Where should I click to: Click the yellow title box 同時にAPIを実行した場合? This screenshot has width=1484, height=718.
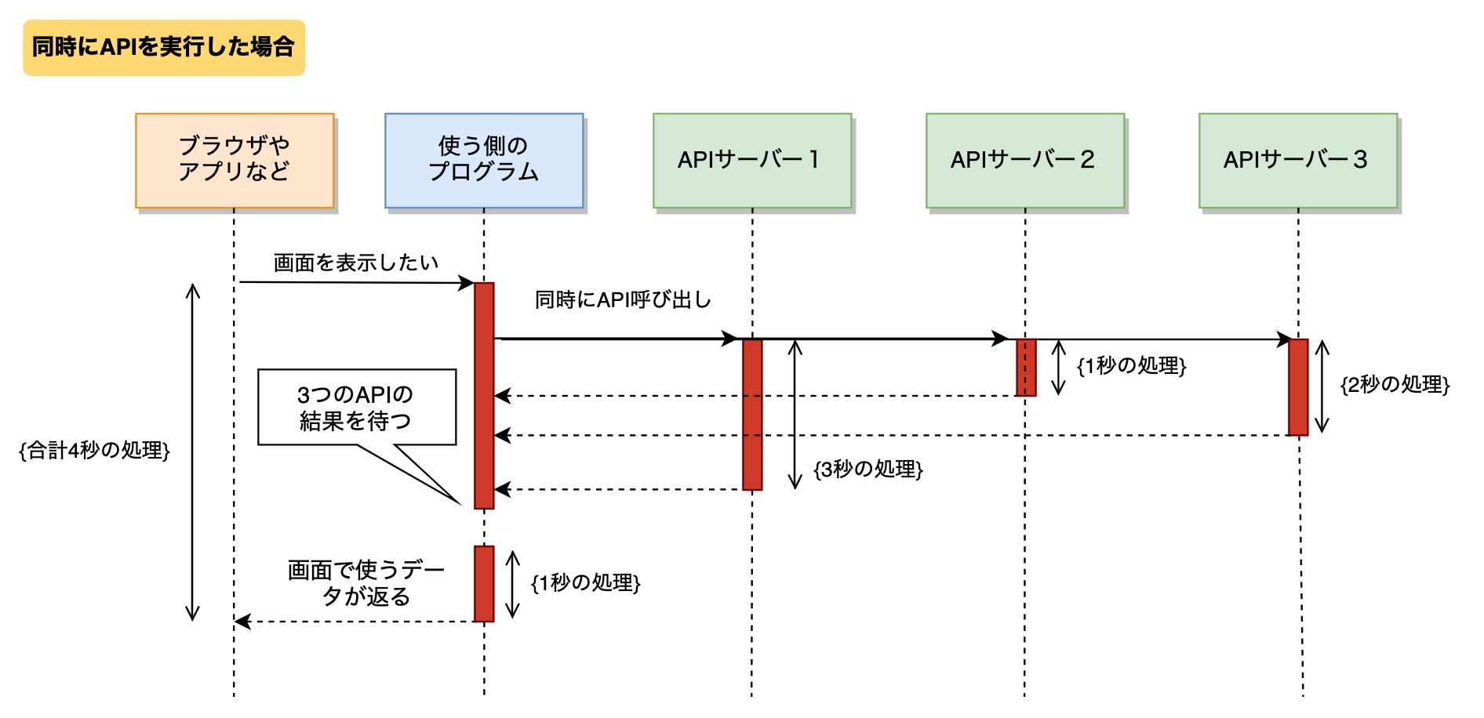164,48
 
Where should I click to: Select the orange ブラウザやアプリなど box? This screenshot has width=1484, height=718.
235,160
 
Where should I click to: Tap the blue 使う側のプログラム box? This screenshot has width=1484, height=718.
484,160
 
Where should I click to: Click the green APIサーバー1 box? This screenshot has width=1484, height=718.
751,160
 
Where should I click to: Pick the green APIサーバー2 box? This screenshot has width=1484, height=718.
1024,160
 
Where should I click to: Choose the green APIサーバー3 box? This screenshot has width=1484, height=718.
1297,160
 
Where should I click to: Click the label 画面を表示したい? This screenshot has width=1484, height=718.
355,263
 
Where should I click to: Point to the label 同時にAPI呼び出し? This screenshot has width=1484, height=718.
623,299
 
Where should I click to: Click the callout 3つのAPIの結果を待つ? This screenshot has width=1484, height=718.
357,408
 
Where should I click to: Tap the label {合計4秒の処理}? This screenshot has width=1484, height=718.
94,450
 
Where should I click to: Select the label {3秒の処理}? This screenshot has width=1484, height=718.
868,469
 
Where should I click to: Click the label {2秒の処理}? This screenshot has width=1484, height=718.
1395,384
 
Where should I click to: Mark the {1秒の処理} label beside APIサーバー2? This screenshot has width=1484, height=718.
1131,365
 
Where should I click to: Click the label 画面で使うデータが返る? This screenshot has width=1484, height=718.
366,583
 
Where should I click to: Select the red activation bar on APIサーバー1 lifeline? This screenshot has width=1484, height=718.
752,414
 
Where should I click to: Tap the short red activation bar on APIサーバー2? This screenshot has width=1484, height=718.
1026,367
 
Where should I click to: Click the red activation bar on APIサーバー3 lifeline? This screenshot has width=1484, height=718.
1298,386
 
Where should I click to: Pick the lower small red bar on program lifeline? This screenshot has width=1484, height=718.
484,583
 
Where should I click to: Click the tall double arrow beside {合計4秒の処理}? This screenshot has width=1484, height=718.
193,451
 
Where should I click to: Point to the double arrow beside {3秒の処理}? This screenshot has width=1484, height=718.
795,414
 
